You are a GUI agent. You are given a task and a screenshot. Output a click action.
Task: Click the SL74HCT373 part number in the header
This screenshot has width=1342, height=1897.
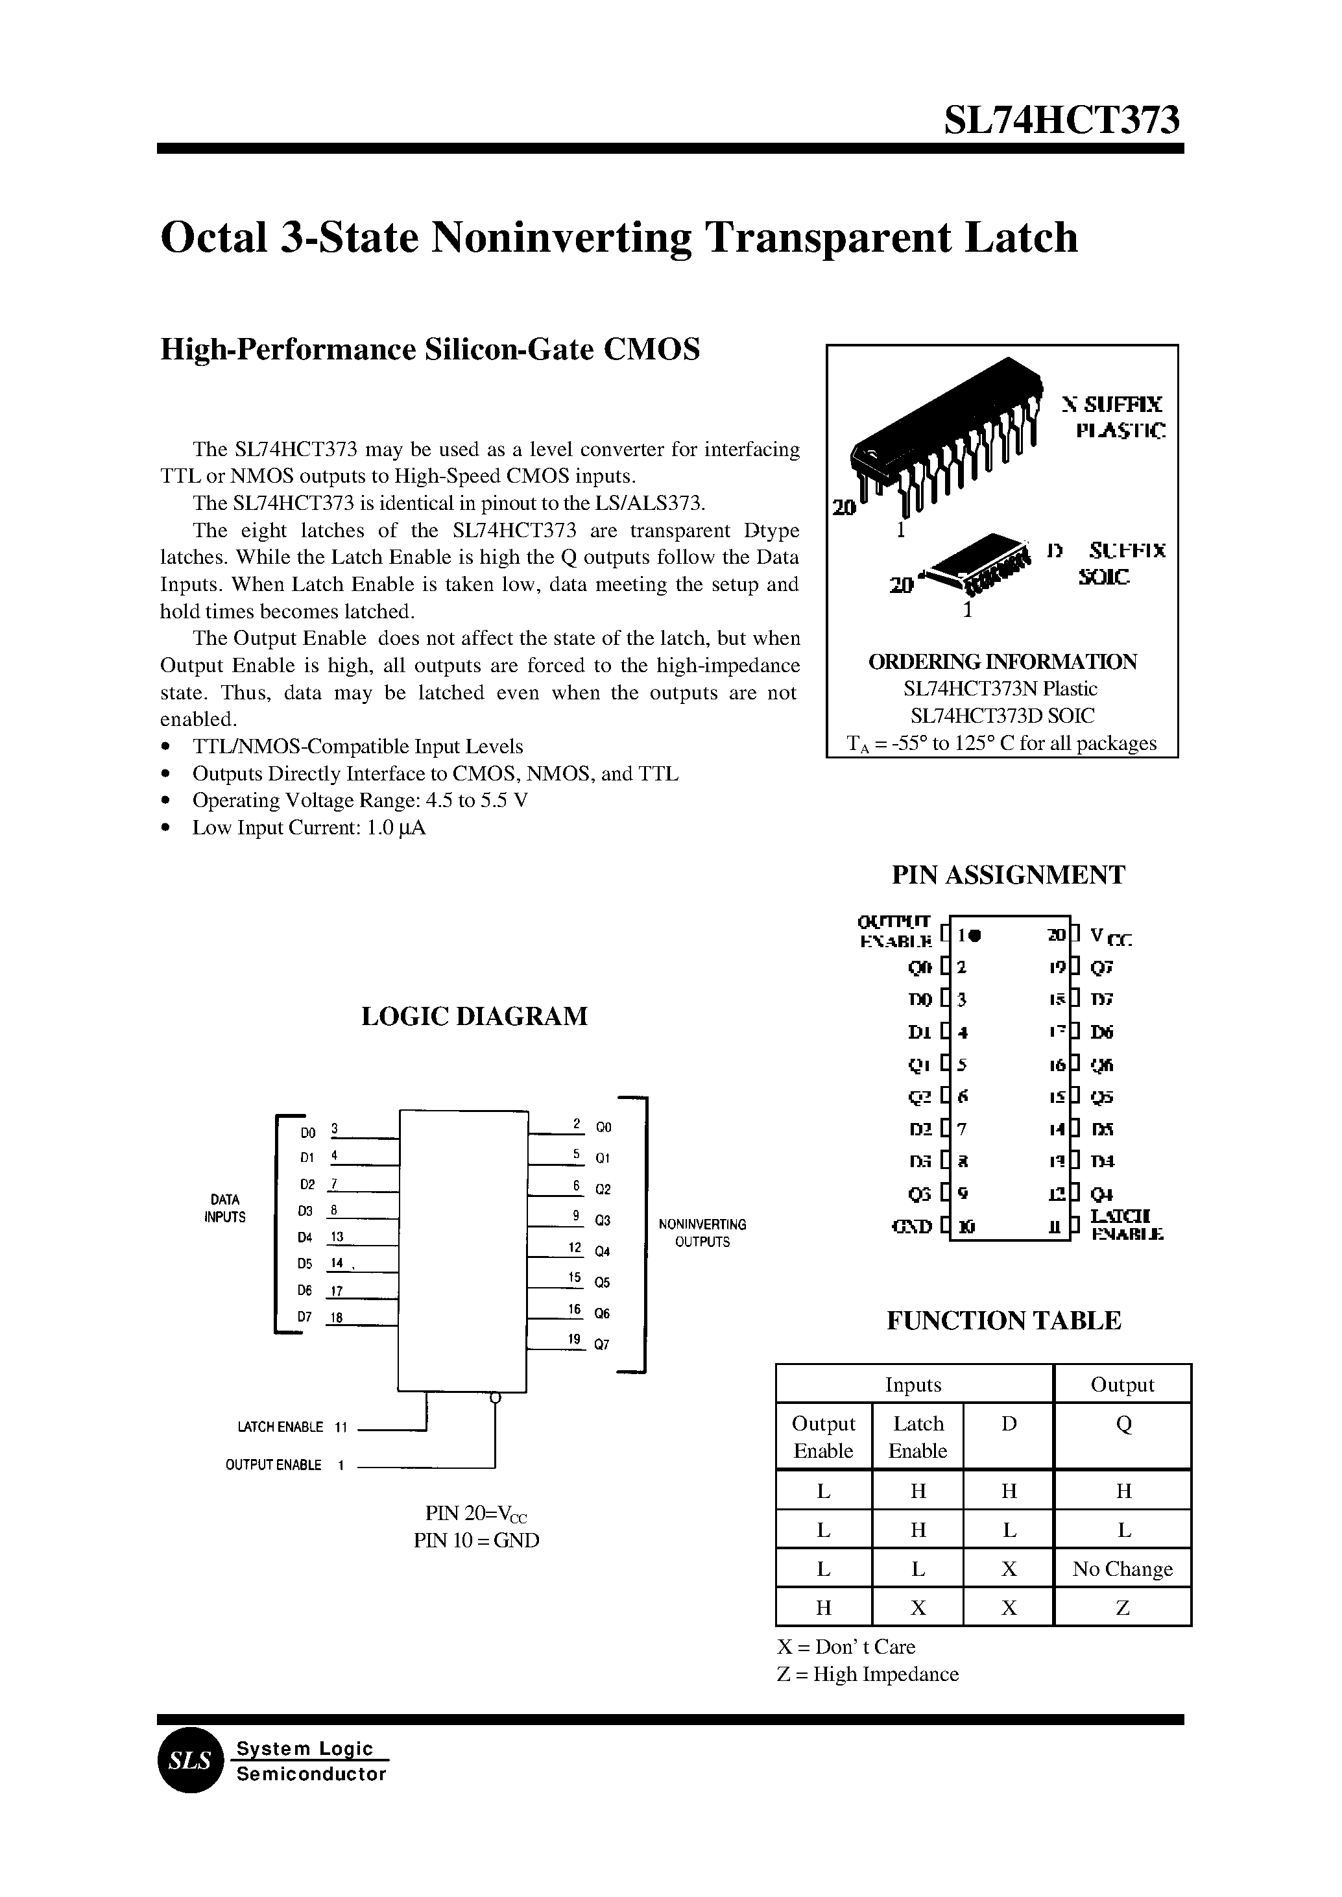point(1062,121)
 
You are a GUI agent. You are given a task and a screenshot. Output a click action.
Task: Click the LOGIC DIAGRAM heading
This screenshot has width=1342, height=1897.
point(474,1016)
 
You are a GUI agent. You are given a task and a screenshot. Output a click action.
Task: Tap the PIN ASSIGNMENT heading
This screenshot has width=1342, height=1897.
point(1008,875)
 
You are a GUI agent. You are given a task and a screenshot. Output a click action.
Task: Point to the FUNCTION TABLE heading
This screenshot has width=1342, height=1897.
point(1003,1320)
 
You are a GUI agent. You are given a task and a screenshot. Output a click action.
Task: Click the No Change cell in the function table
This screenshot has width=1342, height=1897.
point(1122,1569)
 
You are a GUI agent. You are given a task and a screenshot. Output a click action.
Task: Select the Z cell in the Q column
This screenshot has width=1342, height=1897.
point(1122,1608)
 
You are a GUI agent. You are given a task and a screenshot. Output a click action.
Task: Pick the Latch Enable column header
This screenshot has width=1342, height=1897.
point(917,1436)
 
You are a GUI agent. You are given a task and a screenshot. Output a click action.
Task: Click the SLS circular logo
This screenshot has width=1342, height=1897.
point(190,1761)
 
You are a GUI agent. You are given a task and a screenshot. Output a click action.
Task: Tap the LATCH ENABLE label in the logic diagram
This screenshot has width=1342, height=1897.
point(280,1427)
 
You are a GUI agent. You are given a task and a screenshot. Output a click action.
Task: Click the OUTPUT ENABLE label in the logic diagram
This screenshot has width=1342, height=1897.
point(274,1466)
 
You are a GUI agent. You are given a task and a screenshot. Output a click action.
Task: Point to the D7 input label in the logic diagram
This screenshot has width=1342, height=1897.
point(305,1318)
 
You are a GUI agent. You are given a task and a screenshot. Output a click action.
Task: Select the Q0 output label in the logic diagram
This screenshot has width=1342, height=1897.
point(603,1128)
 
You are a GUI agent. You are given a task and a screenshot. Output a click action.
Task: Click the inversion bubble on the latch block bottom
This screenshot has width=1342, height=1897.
point(495,1397)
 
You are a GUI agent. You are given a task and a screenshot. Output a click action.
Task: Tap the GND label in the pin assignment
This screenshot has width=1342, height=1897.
point(913,1227)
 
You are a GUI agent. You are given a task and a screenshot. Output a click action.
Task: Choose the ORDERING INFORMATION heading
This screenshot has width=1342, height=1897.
point(1002,662)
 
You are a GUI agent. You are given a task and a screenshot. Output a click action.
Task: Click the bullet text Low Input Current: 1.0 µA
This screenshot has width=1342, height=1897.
point(308,828)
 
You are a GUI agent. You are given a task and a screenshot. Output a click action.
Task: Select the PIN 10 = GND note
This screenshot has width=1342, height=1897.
point(476,1541)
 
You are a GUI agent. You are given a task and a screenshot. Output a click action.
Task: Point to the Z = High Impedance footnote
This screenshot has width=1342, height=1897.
point(868,1674)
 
